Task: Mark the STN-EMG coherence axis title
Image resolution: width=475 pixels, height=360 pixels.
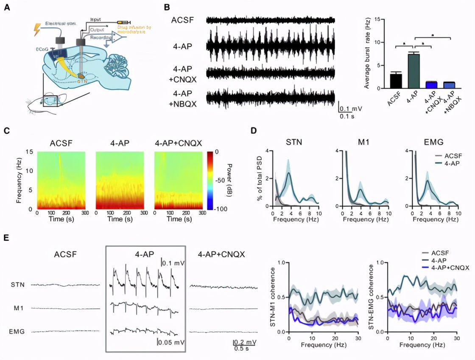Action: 372,297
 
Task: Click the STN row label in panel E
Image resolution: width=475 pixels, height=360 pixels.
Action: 17,285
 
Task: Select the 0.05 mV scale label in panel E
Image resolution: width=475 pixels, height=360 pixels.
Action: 171,342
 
